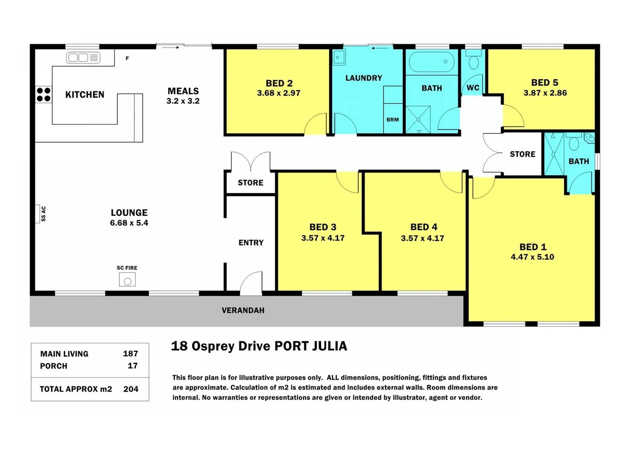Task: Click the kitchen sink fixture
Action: [83, 58]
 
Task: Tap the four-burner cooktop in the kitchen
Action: [43, 95]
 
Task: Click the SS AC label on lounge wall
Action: [43, 214]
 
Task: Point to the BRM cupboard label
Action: [392, 120]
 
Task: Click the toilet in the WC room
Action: [473, 61]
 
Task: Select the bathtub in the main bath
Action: [431, 62]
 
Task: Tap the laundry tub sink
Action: [339, 57]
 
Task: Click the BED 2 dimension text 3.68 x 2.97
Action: [278, 93]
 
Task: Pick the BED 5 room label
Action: [544, 82]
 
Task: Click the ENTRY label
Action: [251, 243]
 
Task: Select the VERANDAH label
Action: [243, 311]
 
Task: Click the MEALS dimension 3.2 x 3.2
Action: [183, 101]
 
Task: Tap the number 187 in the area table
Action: [130, 354]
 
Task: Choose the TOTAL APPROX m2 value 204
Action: [130, 389]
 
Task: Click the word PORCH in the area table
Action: [54, 366]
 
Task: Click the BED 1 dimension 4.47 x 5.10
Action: [532, 257]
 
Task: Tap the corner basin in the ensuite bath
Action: [589, 138]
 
